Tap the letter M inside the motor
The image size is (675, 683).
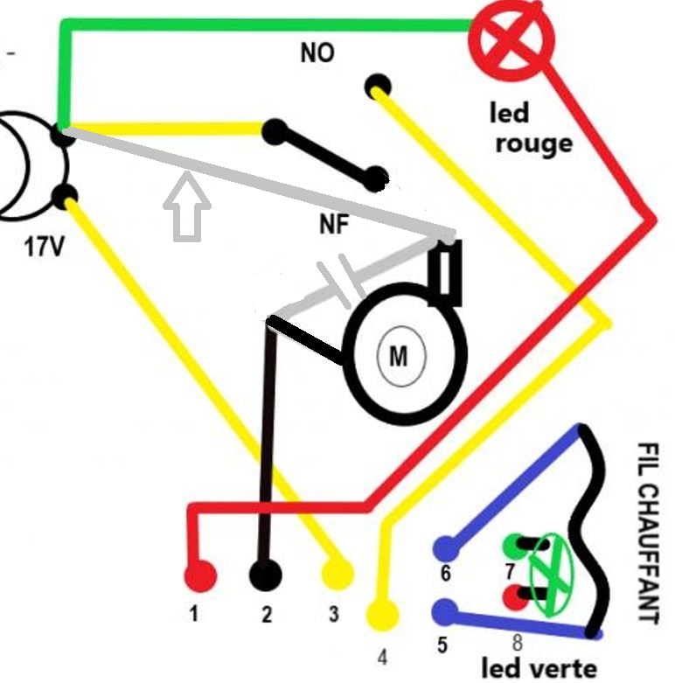399,356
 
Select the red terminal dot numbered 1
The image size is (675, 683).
199,576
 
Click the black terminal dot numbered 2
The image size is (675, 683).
266,575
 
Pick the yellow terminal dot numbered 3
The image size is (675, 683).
337,575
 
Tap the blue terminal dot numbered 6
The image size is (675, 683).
446,548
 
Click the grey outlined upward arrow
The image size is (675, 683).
187,208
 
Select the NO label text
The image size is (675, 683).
317,53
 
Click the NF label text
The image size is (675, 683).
334,226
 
